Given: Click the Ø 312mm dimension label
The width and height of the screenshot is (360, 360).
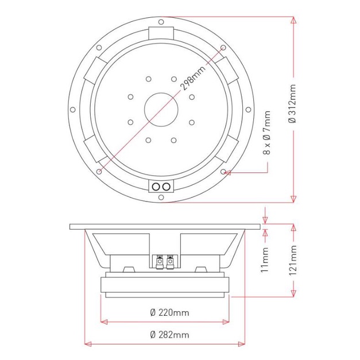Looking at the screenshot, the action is click(x=292, y=104).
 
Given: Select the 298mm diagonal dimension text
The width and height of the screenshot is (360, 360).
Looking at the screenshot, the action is click(x=193, y=78).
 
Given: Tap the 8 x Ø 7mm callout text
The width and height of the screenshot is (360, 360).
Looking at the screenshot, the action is click(x=267, y=133).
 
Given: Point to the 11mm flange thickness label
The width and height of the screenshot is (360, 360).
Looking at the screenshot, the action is click(x=265, y=260).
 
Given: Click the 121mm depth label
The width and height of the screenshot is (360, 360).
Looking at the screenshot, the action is click(x=293, y=260).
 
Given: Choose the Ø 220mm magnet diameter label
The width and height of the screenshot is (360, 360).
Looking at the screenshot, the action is click(x=170, y=312).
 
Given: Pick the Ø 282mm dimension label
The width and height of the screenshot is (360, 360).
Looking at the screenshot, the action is click(x=170, y=335).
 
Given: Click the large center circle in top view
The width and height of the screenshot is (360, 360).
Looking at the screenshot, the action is click(x=161, y=110).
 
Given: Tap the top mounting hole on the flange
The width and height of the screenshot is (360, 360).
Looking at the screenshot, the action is click(x=161, y=22).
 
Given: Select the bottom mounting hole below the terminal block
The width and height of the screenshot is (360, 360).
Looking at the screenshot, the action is click(x=161, y=197).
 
